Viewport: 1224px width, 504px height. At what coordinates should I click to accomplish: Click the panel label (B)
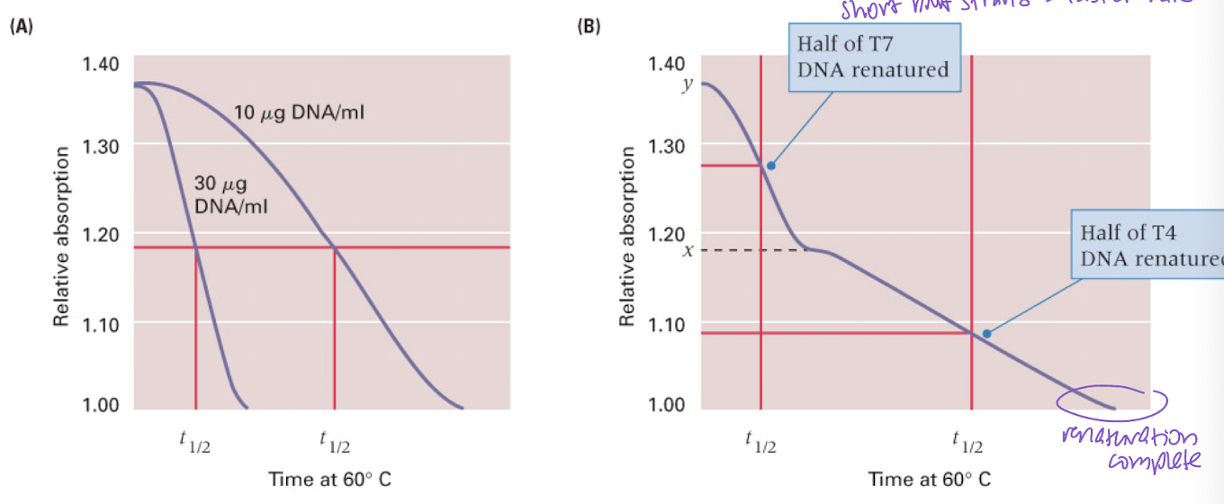click(x=588, y=27)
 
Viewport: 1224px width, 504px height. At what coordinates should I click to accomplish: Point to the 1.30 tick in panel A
click(x=100, y=145)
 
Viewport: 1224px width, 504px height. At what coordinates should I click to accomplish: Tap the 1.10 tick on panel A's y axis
click(x=100, y=323)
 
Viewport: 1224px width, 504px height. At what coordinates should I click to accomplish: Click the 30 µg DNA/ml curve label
click(x=231, y=193)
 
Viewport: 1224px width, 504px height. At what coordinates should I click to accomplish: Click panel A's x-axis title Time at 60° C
click(x=329, y=479)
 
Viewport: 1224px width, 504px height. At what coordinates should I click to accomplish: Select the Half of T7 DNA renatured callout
click(x=873, y=57)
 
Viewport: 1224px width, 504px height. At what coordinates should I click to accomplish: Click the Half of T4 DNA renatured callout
click(x=1147, y=246)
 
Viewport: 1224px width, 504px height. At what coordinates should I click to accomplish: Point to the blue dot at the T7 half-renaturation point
click(x=770, y=166)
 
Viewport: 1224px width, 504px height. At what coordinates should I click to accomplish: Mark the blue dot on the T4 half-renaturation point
click(x=986, y=334)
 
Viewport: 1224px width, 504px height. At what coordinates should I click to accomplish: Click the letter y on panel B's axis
click(x=686, y=85)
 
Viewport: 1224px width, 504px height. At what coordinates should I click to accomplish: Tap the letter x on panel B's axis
click(x=687, y=251)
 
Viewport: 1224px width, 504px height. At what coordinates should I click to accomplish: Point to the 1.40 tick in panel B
click(x=666, y=64)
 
